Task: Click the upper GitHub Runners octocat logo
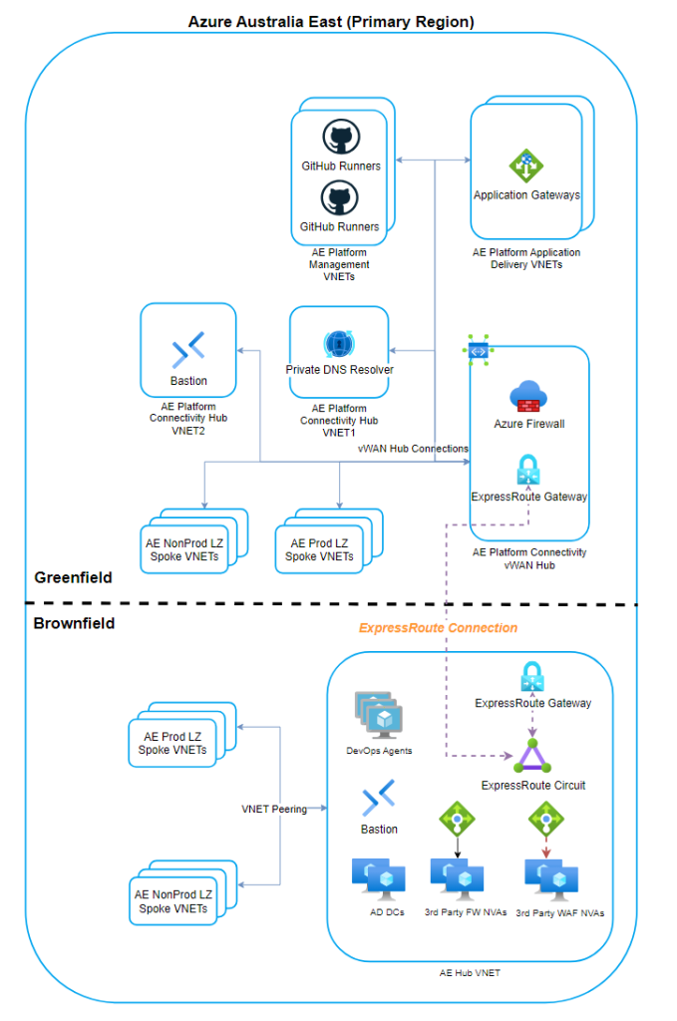tap(340, 137)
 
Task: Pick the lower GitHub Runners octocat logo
tap(340, 197)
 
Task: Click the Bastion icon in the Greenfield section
tap(188, 349)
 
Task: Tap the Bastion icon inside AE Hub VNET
tap(379, 799)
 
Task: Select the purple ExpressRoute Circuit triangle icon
tap(531, 758)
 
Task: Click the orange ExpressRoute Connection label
tap(438, 628)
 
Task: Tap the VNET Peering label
tap(274, 809)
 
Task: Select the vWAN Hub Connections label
tap(413, 449)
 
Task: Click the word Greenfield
tap(73, 577)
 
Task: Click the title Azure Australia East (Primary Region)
tap(331, 21)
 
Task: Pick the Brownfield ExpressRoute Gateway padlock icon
tap(530, 677)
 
